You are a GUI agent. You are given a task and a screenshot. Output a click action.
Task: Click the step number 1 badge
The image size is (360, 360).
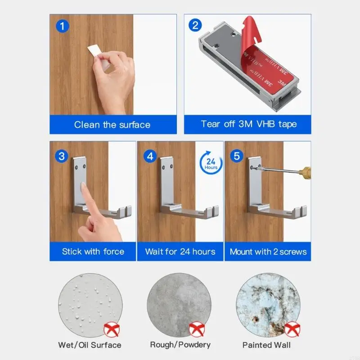63,26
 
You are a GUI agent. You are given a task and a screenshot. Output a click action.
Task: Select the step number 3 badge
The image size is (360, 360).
62,157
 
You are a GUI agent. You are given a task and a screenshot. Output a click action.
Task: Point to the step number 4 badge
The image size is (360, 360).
150,157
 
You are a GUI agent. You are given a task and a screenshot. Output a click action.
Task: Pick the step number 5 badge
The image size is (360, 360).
237,157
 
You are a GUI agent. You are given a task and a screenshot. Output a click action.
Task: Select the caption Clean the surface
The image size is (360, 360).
112,125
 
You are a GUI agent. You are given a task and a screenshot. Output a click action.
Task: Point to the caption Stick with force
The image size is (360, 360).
93,252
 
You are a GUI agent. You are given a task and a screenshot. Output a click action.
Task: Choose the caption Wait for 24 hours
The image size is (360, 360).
180,252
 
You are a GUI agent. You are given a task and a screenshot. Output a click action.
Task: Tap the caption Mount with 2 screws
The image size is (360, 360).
268,252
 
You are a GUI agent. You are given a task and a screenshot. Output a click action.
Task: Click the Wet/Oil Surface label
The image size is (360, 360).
90,345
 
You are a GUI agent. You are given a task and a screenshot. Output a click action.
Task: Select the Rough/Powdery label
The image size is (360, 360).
180,345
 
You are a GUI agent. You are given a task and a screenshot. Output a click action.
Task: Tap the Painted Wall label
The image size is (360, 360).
266,345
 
